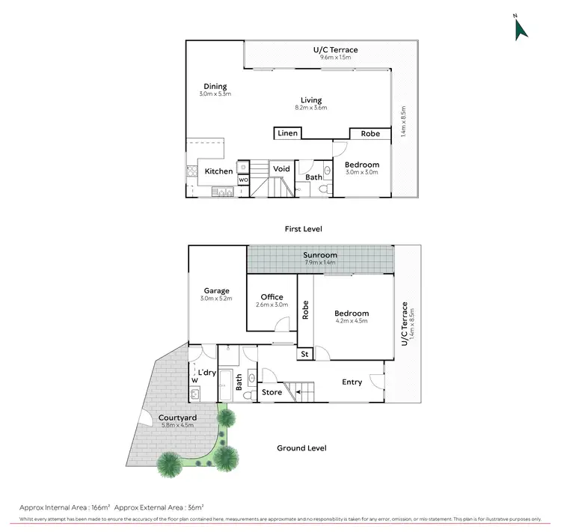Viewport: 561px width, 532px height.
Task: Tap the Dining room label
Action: click(x=215, y=87)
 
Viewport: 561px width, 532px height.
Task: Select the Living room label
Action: click(x=311, y=100)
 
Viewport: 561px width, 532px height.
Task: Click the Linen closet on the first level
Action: click(x=288, y=134)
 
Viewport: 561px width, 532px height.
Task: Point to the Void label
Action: click(x=281, y=169)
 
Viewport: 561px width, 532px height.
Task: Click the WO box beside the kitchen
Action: click(x=243, y=180)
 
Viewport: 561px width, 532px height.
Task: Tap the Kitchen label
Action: click(x=219, y=171)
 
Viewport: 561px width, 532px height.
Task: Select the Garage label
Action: click(x=216, y=291)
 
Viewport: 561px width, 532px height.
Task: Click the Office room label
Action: click(x=272, y=297)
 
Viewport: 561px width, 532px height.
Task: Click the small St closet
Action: click(x=304, y=354)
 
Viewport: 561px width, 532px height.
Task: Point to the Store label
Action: click(x=272, y=392)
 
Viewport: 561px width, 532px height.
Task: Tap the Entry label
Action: click(x=352, y=382)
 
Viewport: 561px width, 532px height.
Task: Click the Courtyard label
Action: click(x=177, y=418)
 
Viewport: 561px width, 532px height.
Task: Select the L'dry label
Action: click(x=207, y=373)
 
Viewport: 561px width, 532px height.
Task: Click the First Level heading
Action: click(x=303, y=228)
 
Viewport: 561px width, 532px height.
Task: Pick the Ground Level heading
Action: click(x=301, y=448)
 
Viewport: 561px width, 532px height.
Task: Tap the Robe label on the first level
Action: click(x=370, y=134)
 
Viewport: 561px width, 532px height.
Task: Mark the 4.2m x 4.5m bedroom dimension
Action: click(x=352, y=321)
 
